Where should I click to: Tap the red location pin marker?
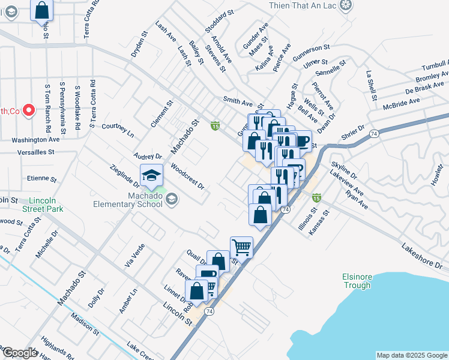(28, 110)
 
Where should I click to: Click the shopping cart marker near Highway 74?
(241, 246)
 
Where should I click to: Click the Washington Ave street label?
(35, 139)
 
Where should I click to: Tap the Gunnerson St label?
(312, 51)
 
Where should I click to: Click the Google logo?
(19, 353)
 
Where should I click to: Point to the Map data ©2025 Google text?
(411, 355)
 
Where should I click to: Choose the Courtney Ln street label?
(118, 129)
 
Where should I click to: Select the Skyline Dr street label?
(343, 170)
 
